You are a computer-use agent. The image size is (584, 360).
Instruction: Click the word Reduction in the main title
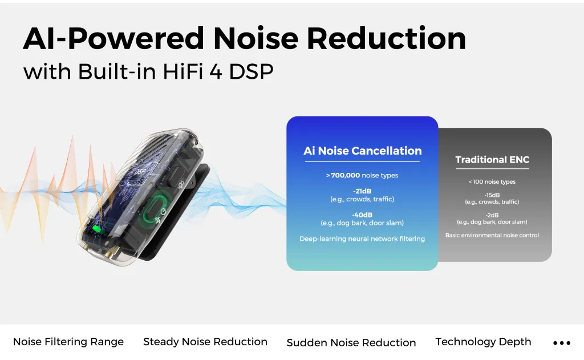[390, 38]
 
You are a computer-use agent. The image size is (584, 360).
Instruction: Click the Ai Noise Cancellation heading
[362, 151]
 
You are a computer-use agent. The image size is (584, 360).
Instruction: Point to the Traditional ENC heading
[492, 160]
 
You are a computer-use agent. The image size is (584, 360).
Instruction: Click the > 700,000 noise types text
[362, 175]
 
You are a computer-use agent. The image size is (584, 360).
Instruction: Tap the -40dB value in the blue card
[362, 215]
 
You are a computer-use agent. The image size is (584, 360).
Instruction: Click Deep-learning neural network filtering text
[362, 238]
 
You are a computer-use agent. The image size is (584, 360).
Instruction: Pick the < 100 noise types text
[492, 182]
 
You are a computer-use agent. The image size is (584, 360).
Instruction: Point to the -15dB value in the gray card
[492, 195]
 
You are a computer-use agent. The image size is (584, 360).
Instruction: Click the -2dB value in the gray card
[492, 215]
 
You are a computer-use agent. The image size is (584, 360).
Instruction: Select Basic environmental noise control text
[492, 235]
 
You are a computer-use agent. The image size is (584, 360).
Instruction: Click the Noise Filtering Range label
[68, 342]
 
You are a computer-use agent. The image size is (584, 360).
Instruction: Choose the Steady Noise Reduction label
[205, 342]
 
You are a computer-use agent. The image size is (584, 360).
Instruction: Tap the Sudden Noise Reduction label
[351, 342]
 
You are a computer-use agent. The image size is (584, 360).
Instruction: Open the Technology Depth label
[483, 342]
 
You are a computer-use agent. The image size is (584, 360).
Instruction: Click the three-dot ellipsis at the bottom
[562, 343]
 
